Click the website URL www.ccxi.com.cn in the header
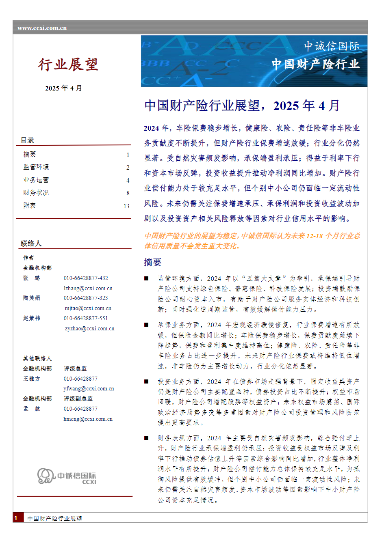[42, 28]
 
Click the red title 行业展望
[68, 65]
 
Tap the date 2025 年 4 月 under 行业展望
[63, 88]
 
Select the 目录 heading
[28, 140]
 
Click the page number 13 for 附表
[126, 206]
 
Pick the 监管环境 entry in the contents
[36, 167]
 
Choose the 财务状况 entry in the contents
[36, 193]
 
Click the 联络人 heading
[31, 243]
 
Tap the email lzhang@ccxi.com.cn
[88, 289]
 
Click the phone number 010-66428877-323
[86, 298]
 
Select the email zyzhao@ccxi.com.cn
[89, 329]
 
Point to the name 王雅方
[32, 379]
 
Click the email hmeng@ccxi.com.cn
[88, 419]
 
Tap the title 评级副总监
[78, 399]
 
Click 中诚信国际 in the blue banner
[332, 46]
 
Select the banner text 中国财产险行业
[315, 64]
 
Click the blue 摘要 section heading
[152, 262]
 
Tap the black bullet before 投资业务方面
[146, 381]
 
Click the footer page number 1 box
[17, 518]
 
